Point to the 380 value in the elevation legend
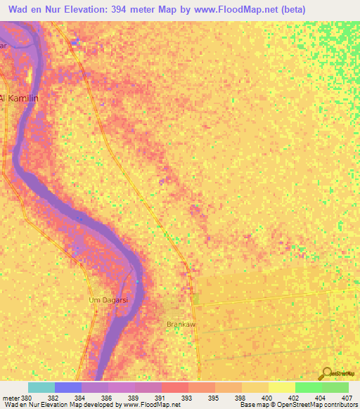click(27, 397)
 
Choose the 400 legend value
click(268, 397)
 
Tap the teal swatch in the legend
click(41, 387)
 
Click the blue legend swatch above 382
click(68, 387)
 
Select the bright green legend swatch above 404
click(308, 387)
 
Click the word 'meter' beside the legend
click(10, 397)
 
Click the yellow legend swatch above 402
click(281, 387)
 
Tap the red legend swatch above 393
click(175, 387)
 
